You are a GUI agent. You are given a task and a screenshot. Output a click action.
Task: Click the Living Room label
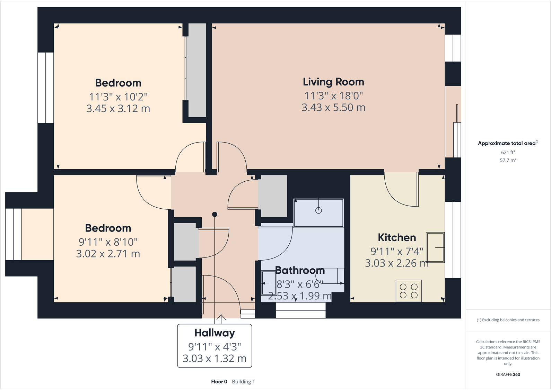333,82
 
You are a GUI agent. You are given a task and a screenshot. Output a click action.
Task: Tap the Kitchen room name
397,238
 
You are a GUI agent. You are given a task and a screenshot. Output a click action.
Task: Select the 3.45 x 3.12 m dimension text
118,109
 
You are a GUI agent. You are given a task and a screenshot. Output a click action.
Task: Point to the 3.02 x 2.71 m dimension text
108,254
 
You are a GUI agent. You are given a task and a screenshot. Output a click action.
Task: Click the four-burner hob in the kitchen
409,291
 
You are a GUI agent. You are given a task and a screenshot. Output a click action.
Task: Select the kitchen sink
435,247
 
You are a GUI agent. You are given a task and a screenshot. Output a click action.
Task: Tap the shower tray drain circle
318,210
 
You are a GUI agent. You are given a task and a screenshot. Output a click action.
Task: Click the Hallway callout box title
215,333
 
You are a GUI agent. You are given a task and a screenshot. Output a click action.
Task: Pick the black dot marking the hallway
215,215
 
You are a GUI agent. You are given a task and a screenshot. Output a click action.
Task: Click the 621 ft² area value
508,153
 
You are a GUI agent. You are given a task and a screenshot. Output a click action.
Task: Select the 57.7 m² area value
508,161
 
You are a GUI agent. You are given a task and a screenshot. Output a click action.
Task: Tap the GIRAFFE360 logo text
508,374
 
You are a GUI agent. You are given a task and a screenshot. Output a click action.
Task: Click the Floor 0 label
219,382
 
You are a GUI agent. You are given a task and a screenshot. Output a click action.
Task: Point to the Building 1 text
243,382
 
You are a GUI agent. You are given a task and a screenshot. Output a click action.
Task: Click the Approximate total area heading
507,143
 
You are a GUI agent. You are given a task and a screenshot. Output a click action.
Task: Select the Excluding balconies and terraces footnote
508,320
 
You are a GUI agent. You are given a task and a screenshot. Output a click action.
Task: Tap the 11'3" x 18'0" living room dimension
333,96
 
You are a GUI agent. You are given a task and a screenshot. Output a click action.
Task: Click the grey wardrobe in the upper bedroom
197,70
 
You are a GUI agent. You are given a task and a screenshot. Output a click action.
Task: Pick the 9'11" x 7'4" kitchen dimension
397,252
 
